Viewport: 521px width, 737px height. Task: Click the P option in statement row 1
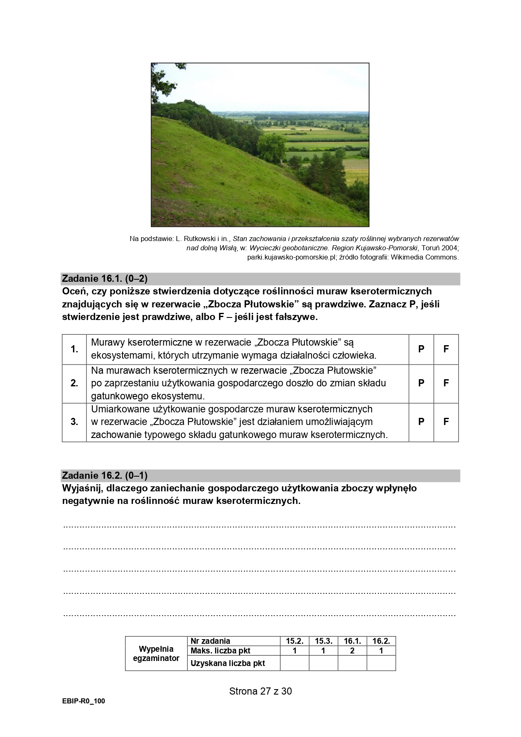(421, 349)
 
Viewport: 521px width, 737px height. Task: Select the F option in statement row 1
(446, 349)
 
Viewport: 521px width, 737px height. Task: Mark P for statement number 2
(421, 383)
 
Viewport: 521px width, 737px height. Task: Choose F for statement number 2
(446, 383)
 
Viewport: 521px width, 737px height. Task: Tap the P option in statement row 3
(421, 422)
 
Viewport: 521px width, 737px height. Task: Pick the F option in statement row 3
(446, 422)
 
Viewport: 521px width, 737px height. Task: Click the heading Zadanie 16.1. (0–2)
(105, 278)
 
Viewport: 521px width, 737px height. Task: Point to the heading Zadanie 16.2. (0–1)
(105, 475)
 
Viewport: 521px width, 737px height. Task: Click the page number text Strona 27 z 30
(260, 691)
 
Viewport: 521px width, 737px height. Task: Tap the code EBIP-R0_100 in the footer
(83, 701)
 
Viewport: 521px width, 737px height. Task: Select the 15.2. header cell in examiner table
(295, 641)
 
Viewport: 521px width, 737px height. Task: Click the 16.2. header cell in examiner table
(381, 641)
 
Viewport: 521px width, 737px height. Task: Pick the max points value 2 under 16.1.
(352, 650)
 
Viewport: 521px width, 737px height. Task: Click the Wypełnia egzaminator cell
(156, 653)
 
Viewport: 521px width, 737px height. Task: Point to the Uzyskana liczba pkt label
(228, 664)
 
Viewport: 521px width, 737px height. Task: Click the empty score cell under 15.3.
(323, 664)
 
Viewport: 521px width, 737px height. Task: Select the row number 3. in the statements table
(74, 422)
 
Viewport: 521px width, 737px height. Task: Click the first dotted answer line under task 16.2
(259, 526)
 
